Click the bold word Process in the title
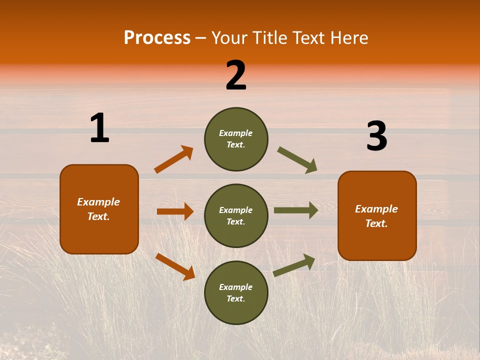pos(157,38)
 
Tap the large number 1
pos(99,128)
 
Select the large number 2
pos(236,75)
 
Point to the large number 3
pos(376,136)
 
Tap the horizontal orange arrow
pos(175,211)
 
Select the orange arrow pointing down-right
pos(175,266)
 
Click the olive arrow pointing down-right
pos(297,160)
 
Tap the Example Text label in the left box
pos(98,209)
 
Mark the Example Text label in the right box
pos(376,216)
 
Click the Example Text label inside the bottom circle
pos(236,292)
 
